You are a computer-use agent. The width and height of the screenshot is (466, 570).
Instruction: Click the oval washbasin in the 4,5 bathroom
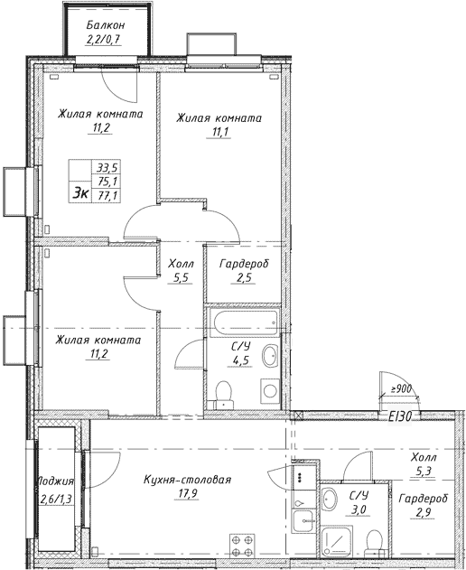coord(270,358)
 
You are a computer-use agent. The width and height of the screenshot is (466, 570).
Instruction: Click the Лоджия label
coord(55,481)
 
